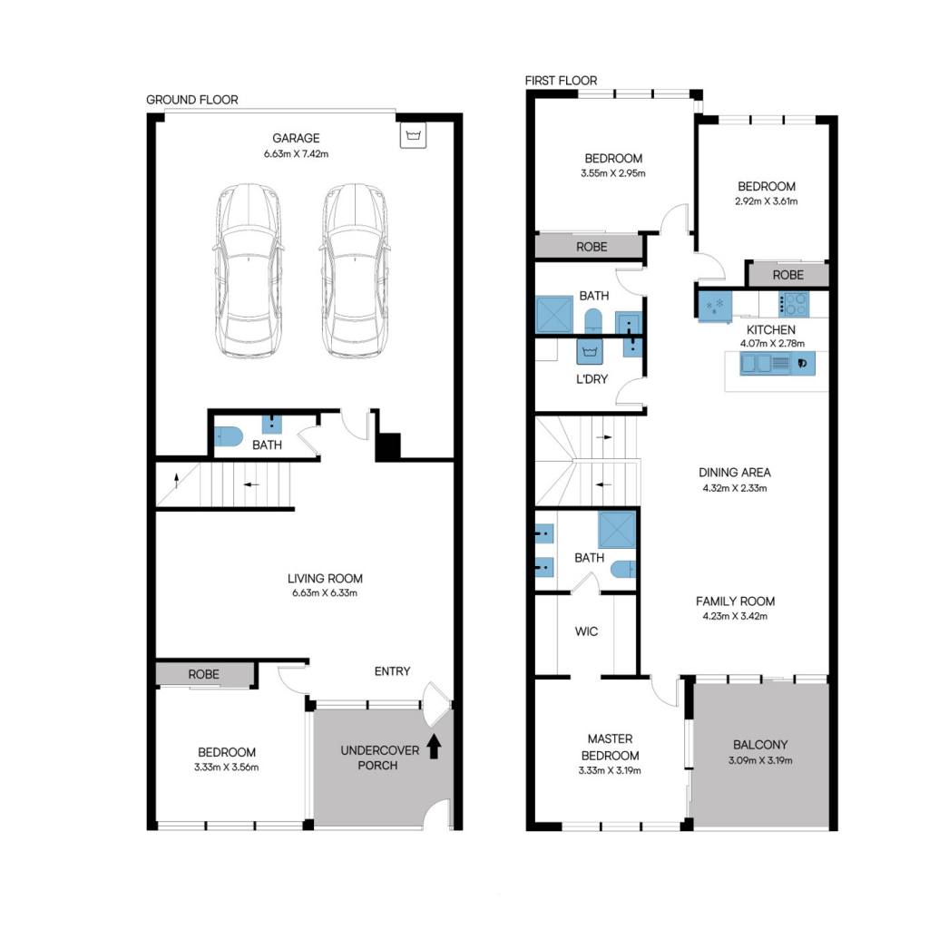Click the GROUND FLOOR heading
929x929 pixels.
[192, 100]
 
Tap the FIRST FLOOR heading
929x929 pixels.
[561, 81]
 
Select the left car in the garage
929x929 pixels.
[248, 270]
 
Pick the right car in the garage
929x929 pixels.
[355, 270]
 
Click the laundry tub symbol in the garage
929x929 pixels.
[413, 135]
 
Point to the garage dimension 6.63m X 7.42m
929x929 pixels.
[297, 154]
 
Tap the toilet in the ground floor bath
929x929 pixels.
[228, 436]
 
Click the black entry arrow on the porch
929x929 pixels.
[435, 747]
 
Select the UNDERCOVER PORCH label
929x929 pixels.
[380, 758]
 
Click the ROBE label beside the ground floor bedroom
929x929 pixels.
[204, 674]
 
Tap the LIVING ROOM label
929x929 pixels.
[326, 578]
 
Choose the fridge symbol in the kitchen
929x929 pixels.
[715, 306]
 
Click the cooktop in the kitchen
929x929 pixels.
[793, 304]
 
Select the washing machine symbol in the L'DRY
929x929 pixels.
[590, 351]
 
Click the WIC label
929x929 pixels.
[587, 631]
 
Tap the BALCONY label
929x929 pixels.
[761, 745]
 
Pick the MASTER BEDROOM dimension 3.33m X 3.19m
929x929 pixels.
[610, 771]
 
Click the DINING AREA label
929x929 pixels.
[735, 473]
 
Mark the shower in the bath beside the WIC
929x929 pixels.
[617, 530]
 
